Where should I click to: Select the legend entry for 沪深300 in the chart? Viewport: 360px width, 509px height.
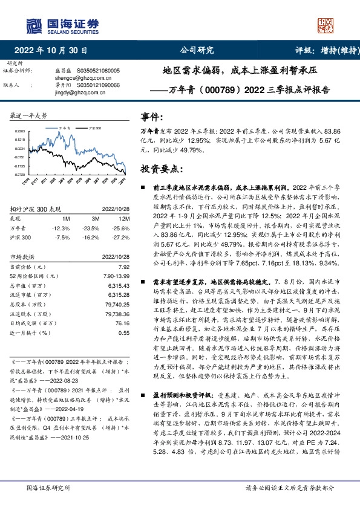(93, 128)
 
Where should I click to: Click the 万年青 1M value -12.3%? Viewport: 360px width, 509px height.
(62, 227)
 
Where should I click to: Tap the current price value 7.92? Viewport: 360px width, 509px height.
(125, 267)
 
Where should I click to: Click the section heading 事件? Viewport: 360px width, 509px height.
(152, 116)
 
